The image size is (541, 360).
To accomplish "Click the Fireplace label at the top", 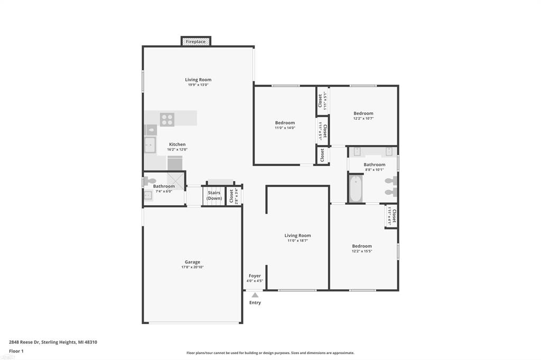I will point(195,42).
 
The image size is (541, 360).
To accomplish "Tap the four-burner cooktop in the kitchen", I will point(167,119).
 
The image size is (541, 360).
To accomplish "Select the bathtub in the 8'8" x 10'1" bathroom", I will point(356,189).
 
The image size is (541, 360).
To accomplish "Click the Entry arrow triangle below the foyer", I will point(255,295).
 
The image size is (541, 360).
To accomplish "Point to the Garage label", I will point(192,262).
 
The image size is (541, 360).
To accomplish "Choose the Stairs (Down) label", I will point(214,195).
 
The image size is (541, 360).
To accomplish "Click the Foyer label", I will point(255,276).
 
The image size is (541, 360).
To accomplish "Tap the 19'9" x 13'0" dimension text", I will point(198,85).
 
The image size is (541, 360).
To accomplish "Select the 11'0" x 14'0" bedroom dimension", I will point(285,128).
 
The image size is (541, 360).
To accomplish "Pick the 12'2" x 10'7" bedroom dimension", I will point(363,118).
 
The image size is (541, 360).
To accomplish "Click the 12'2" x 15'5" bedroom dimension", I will point(362,251).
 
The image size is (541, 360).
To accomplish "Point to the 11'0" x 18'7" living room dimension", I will point(297,241).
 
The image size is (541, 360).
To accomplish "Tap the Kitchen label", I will point(177,144).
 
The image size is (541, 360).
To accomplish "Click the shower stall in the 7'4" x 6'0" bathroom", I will point(175,180).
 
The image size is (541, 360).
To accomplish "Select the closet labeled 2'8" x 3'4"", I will point(233,196).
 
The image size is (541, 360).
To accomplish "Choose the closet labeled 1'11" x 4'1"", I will point(391,216).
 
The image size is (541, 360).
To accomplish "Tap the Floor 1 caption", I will point(16,350).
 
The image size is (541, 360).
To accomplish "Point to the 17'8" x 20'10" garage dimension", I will point(192,267).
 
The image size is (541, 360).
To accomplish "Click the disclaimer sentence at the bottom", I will point(270,353).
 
